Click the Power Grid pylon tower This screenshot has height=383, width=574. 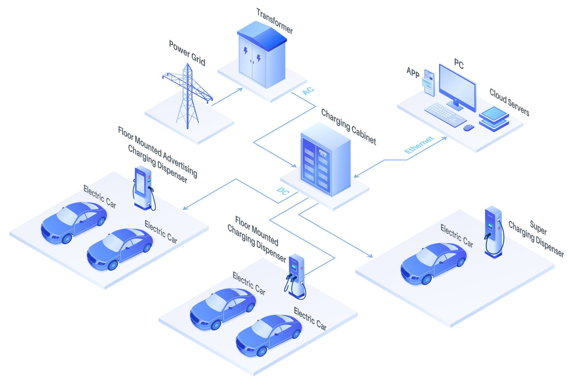tap(188, 96)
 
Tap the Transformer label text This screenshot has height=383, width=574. tap(275, 21)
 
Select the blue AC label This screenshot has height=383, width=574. tap(308, 91)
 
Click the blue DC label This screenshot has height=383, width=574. tap(283, 191)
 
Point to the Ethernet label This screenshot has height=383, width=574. tap(419, 145)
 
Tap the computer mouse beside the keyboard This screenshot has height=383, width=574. tap(468, 128)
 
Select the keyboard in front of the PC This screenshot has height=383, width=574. tap(445, 114)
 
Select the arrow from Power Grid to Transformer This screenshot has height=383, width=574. tap(227, 97)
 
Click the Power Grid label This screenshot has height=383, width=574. tap(187, 53)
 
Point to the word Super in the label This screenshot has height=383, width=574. tap(538, 227)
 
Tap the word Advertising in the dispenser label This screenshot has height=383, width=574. tap(180, 165)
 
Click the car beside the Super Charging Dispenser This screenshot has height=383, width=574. tap(434, 264)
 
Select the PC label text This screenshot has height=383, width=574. tap(459, 64)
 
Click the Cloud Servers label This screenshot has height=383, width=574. tap(510, 102)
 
